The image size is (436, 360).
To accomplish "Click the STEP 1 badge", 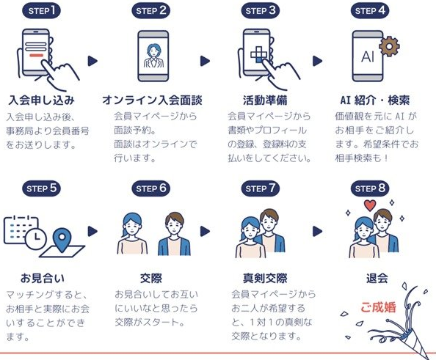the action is [41, 11].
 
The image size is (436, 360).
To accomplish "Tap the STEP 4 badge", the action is [370, 11].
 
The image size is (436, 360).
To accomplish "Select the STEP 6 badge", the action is [151, 188].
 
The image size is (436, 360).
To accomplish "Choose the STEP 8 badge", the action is [370, 188].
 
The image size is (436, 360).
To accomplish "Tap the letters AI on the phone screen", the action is [368, 56].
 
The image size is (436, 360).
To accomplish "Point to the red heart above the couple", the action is [370, 205].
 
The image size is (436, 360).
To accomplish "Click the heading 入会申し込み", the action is [41, 100].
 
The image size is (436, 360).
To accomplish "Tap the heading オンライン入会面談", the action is [152, 100].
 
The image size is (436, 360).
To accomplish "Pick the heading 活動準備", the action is [265, 100].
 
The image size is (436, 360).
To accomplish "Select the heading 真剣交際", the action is [265, 278].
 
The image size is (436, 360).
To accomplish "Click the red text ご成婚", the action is [378, 307].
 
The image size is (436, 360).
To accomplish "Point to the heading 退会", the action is [377, 278].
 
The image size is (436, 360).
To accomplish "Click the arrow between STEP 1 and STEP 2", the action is [92, 61].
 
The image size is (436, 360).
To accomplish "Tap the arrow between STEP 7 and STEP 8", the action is [317, 232].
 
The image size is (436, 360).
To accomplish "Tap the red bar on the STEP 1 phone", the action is [36, 55].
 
